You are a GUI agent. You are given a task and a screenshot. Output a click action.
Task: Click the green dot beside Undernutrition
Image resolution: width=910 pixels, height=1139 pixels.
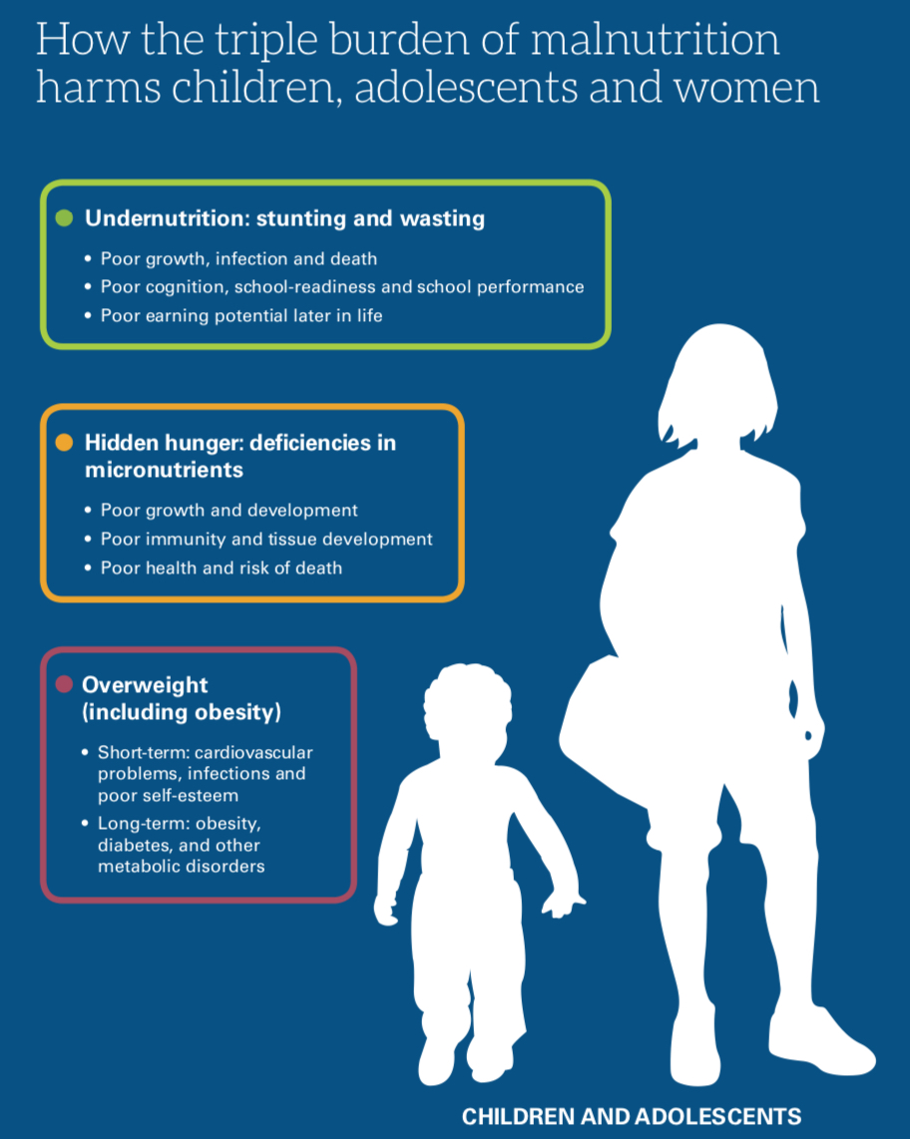click(x=64, y=217)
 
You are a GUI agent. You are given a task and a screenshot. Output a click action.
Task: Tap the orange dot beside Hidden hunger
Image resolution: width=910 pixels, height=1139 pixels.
click(x=64, y=443)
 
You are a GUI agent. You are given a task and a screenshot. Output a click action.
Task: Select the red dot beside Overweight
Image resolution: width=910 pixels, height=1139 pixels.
click(x=64, y=684)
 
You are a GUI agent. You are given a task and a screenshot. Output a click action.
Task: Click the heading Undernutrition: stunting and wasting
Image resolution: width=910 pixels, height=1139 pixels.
click(x=285, y=218)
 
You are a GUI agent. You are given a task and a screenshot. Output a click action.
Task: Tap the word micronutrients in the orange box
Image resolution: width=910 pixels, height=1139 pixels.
click(x=165, y=470)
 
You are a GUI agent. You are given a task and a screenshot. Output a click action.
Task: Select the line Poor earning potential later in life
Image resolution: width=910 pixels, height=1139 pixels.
click(x=241, y=316)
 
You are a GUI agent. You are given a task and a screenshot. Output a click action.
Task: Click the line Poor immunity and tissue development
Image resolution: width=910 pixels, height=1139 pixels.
click(x=266, y=539)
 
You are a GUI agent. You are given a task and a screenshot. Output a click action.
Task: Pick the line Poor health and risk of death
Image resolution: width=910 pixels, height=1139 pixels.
click(x=221, y=569)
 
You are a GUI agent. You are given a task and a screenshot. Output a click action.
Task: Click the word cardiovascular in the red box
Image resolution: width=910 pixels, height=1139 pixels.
click(x=253, y=753)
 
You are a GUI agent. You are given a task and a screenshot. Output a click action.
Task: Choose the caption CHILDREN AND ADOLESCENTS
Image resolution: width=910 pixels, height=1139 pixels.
click(x=632, y=1116)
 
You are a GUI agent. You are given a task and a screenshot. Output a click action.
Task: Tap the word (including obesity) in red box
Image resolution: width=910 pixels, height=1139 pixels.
click(x=182, y=712)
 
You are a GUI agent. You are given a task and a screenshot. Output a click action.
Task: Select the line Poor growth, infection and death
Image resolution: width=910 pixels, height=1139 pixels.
click(x=238, y=259)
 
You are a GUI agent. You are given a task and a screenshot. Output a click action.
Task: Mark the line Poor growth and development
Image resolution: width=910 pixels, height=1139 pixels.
click(x=228, y=511)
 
